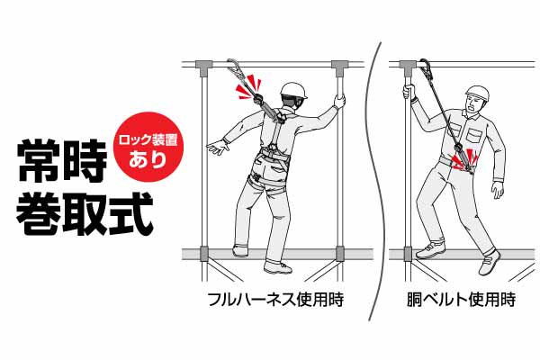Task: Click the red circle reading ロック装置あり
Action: [x=148, y=147]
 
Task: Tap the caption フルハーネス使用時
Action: [x=275, y=299]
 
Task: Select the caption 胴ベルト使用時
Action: [x=461, y=299]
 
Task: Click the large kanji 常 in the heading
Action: [x=39, y=161]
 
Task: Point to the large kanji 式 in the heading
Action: [x=130, y=213]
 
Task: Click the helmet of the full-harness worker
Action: [x=293, y=91]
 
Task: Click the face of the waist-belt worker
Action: [x=473, y=104]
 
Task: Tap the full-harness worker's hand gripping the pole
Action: [x=339, y=102]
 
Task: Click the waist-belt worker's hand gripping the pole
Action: [x=409, y=91]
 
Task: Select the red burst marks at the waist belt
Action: [x=463, y=159]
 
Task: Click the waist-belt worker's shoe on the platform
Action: [x=430, y=250]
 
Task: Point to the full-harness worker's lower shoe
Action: [x=278, y=267]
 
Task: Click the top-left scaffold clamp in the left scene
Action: [x=204, y=65]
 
